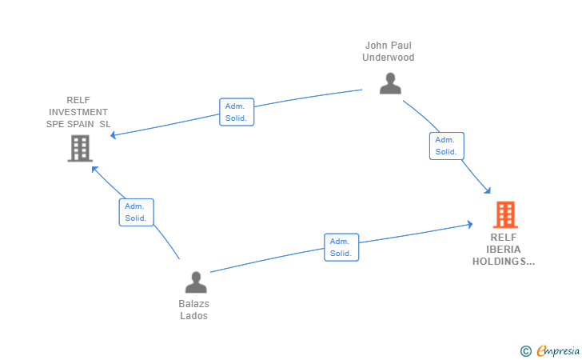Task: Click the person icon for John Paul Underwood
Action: click(x=390, y=83)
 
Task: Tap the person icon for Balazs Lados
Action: click(x=196, y=282)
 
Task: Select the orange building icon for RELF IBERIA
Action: click(x=505, y=214)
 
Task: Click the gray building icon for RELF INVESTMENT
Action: click(x=80, y=148)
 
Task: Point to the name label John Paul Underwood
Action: click(x=389, y=51)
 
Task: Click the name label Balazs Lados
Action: click(x=193, y=310)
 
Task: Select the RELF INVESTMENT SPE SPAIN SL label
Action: click(x=78, y=112)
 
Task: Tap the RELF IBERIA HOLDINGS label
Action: click(x=504, y=250)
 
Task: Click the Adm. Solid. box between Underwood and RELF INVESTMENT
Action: click(x=237, y=112)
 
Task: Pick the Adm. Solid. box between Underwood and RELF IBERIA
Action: click(x=447, y=146)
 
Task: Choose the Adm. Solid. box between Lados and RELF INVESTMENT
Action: click(x=136, y=212)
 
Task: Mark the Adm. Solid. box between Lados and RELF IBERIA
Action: click(x=341, y=247)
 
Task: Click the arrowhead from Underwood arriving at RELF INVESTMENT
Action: click(x=114, y=135)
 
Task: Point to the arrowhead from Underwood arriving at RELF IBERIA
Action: click(x=488, y=190)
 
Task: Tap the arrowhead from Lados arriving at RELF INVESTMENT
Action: click(x=94, y=170)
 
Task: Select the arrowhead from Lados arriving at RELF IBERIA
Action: click(x=470, y=224)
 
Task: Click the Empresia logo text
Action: click(x=558, y=350)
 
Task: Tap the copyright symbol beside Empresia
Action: click(x=525, y=351)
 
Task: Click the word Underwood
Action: click(x=389, y=58)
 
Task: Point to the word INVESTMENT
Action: click(x=78, y=112)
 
